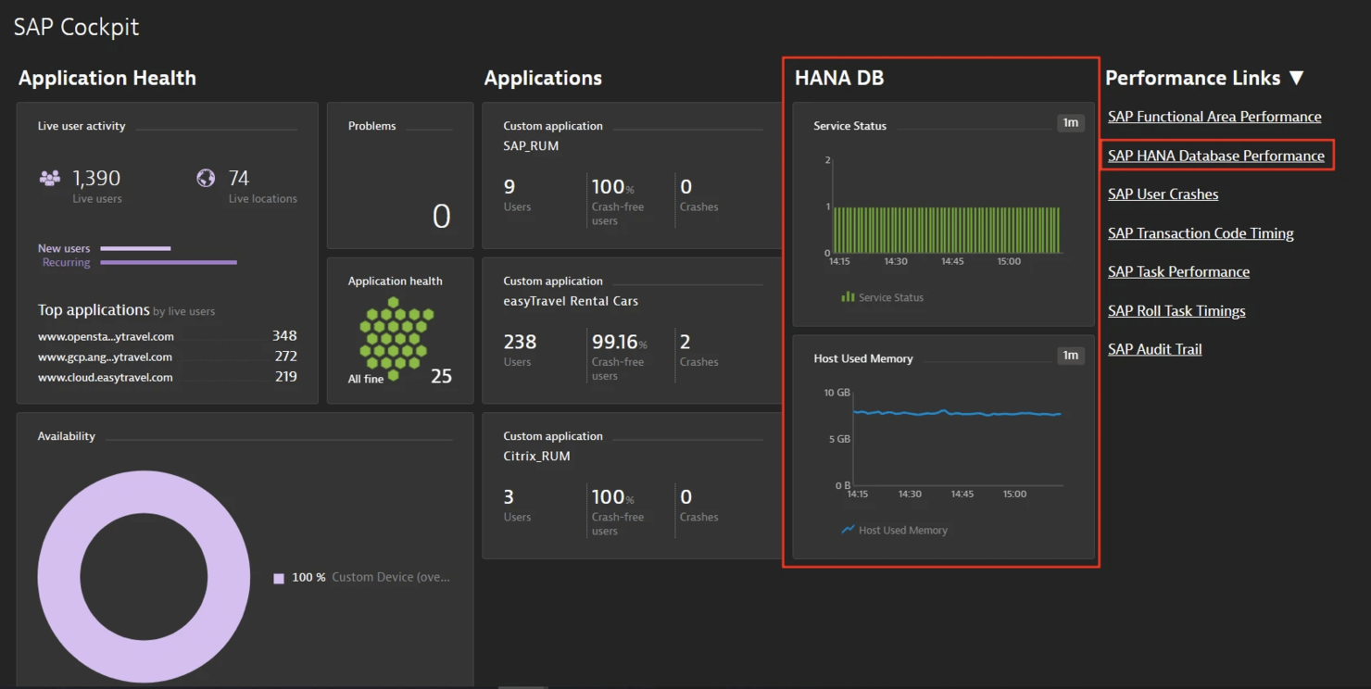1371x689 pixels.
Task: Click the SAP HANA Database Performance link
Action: tap(1215, 156)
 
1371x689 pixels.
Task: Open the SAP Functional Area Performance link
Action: tap(1214, 117)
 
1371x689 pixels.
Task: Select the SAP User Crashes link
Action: tap(1163, 194)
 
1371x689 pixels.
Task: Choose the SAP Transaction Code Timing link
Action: tap(1201, 233)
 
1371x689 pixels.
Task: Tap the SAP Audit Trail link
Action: tap(1154, 349)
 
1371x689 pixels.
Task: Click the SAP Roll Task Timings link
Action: tap(1176, 311)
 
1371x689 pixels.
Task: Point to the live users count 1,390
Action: tap(96, 178)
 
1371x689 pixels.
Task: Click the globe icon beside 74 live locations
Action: tap(206, 178)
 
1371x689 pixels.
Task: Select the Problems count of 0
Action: tap(441, 217)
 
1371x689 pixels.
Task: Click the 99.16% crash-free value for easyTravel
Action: tap(612, 342)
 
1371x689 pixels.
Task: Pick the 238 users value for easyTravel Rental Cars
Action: tap(520, 342)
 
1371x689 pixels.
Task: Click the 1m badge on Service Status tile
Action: tap(1070, 123)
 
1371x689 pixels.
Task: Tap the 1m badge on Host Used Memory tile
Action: tap(1070, 356)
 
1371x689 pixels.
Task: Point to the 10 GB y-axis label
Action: tap(836, 393)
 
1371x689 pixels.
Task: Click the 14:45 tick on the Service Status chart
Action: tap(952, 261)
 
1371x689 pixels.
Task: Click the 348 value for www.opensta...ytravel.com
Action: tap(284, 336)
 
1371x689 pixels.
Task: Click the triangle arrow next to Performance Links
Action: tap(1297, 79)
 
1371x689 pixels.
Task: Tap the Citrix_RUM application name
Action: tap(536, 457)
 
